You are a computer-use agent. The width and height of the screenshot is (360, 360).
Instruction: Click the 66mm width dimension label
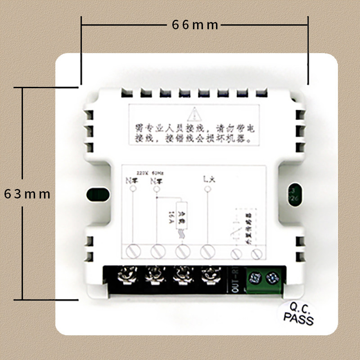point(195,25)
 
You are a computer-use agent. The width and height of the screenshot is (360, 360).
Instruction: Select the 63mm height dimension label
point(27,194)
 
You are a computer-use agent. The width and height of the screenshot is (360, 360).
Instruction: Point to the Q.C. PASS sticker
point(298,314)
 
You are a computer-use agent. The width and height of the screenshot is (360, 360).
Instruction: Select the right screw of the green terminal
point(272,278)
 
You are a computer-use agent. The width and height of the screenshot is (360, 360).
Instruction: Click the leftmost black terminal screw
point(126,274)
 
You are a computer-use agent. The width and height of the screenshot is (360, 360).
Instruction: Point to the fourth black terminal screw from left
point(209,274)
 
